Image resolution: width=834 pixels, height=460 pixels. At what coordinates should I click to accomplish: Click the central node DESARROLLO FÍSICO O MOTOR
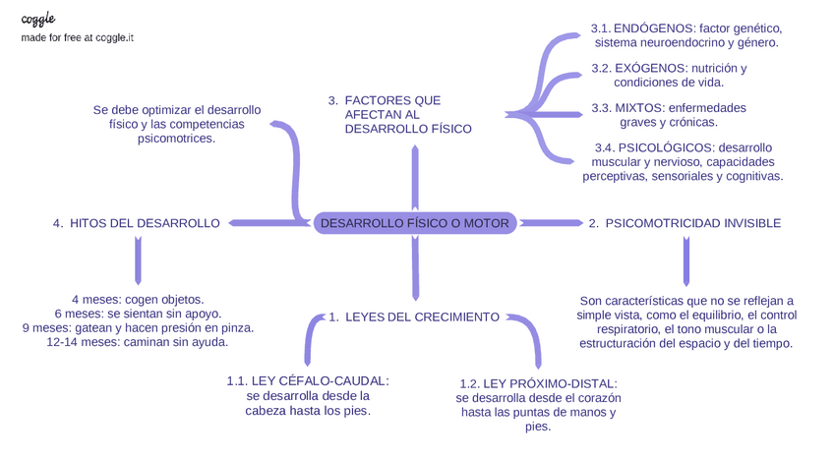[x=415, y=223]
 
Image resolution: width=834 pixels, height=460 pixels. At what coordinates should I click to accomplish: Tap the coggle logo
[x=38, y=19]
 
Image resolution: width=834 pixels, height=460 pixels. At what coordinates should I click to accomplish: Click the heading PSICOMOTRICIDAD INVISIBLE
[x=685, y=223]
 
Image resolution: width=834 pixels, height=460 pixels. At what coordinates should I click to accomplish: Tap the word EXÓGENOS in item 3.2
[x=651, y=68]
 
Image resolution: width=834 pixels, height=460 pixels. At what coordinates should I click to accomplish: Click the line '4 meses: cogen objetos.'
[x=138, y=299]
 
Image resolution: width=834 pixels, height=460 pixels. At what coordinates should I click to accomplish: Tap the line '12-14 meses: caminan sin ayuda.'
[x=138, y=342]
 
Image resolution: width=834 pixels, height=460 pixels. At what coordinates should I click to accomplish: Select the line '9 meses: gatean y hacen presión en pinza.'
[x=138, y=327]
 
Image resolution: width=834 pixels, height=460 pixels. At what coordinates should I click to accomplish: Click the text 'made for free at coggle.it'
[x=78, y=37]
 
